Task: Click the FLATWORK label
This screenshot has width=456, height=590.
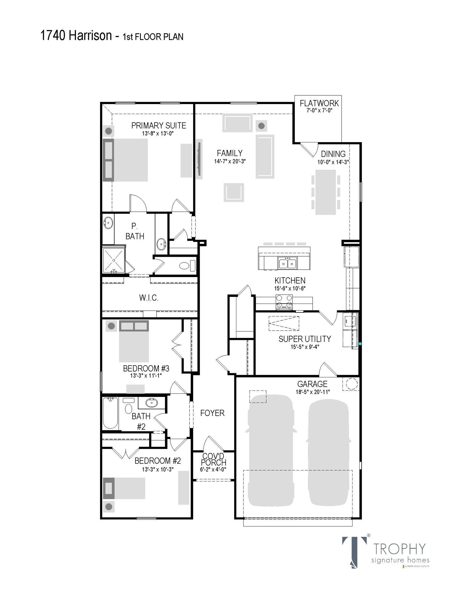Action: coord(319,103)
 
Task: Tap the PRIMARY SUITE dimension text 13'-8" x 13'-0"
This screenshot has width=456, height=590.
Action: coord(158,133)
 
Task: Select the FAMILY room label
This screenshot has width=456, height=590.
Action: coord(230,153)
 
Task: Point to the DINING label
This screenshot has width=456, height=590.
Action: coord(333,154)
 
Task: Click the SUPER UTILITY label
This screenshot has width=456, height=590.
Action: coord(304,339)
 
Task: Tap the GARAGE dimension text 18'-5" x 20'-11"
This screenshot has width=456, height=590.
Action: coord(313,392)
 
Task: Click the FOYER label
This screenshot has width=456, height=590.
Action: coord(212,413)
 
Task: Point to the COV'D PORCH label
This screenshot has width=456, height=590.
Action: coord(214,460)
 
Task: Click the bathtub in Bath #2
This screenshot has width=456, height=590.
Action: coord(111,413)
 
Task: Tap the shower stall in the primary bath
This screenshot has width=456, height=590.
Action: coord(113,260)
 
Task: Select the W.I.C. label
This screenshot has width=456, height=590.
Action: coord(149,298)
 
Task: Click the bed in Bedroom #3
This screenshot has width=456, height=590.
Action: coord(134,341)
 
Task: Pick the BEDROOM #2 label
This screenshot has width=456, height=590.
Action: coord(157,461)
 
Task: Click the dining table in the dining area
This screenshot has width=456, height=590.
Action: coord(326,192)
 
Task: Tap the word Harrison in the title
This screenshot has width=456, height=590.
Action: coord(90,36)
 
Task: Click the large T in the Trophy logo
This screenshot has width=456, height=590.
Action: coord(354,551)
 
